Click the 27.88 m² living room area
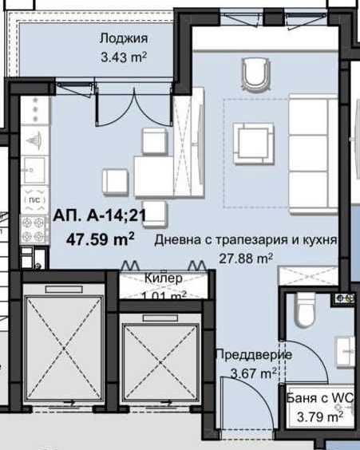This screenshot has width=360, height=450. [246, 257]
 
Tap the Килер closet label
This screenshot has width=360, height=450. [164, 278]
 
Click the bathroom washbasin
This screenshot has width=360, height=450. [345, 348]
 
